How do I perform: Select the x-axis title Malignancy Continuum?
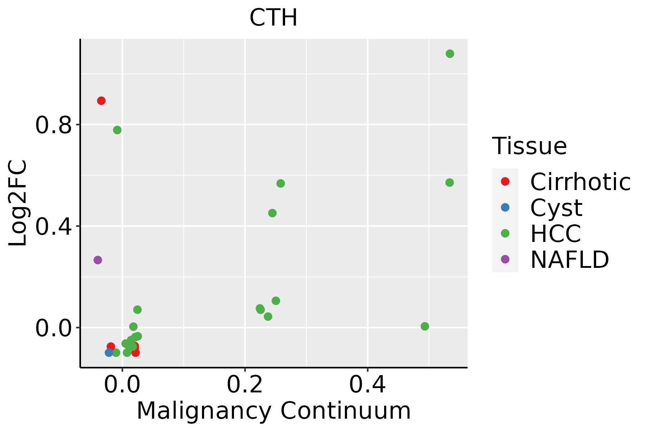click(x=273, y=411)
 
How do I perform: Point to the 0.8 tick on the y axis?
click(x=53, y=125)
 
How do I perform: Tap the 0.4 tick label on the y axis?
click(x=53, y=227)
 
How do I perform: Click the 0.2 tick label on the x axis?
click(x=244, y=385)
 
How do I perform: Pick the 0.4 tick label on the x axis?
click(x=368, y=385)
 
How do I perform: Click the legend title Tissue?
click(x=529, y=146)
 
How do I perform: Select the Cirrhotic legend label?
click(x=580, y=182)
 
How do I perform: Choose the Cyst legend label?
click(x=556, y=208)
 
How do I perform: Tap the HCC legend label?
click(x=555, y=233)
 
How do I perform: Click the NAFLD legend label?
click(x=570, y=259)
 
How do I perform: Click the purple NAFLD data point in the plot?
click(x=98, y=260)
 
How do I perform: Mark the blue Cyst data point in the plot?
click(x=109, y=352)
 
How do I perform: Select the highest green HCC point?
click(x=450, y=54)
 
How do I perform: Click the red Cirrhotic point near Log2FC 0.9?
click(x=101, y=101)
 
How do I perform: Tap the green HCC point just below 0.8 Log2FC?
click(x=117, y=130)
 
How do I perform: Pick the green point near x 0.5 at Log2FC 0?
click(x=425, y=326)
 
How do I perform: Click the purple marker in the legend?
click(x=505, y=259)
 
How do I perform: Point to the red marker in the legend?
click(x=505, y=181)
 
